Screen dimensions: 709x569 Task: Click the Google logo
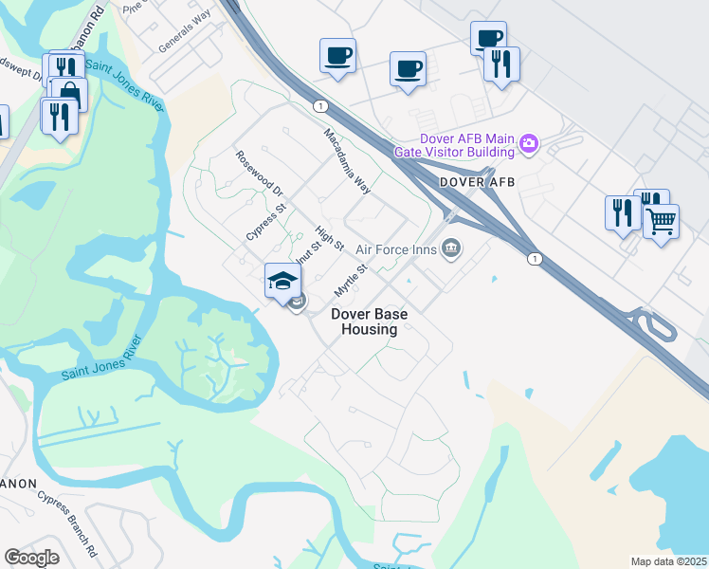[x=31, y=558]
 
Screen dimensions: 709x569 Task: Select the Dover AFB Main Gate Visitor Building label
[x=464, y=145]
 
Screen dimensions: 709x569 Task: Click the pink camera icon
[x=529, y=145]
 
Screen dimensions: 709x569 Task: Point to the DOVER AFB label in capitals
[x=478, y=182]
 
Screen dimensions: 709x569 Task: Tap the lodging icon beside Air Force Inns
[x=451, y=248]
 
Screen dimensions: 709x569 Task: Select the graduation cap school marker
[x=282, y=280]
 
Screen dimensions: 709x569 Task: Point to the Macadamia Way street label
[x=345, y=161]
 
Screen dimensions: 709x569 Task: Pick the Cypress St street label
[x=266, y=221]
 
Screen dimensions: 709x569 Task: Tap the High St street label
[x=330, y=238]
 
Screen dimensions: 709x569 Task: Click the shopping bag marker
[x=69, y=94]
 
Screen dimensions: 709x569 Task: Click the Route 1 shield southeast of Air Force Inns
[x=536, y=259]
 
